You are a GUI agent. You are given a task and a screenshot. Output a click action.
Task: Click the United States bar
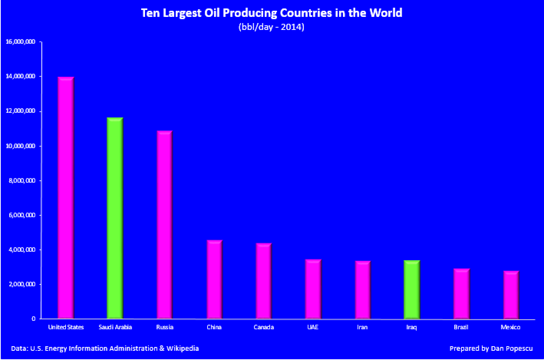click(65, 198)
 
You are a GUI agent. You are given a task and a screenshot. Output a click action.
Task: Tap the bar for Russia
click(164, 225)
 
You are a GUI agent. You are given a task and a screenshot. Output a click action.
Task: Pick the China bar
click(214, 279)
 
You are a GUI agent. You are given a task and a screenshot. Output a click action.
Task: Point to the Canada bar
click(264, 281)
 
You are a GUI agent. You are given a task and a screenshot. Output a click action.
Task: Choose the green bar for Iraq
click(412, 289)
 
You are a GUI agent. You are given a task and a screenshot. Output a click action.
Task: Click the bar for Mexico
click(511, 295)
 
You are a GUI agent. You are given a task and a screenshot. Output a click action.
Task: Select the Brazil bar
click(461, 294)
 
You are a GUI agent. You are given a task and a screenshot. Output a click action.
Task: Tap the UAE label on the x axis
click(313, 327)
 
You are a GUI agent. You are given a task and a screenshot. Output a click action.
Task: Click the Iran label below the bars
click(362, 327)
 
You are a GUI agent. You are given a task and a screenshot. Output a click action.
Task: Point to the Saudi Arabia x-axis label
click(115, 327)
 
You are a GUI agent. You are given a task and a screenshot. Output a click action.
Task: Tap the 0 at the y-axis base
click(34, 319)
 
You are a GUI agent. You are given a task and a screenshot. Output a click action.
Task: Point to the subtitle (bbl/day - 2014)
click(271, 27)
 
